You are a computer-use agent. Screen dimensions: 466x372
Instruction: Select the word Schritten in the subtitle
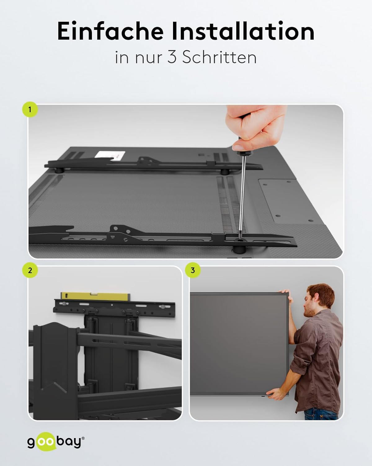(x=219, y=57)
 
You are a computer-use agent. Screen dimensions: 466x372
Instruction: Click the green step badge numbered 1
(x=30, y=110)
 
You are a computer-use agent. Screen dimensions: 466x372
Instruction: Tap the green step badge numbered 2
(x=30, y=270)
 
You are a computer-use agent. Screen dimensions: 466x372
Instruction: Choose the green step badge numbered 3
(x=193, y=270)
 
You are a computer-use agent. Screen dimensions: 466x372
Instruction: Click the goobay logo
(x=56, y=442)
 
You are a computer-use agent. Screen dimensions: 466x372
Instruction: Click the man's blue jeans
(x=322, y=415)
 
